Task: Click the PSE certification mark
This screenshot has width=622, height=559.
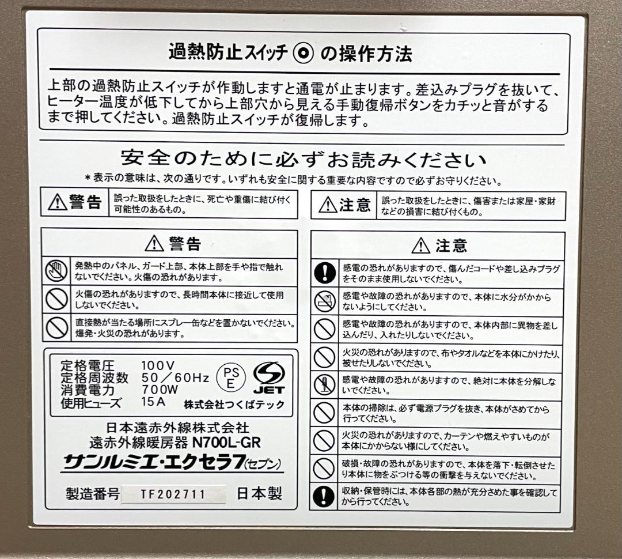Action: [x=230, y=377]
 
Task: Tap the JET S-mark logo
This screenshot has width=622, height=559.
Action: [x=269, y=377]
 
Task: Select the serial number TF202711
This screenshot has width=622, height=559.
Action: [x=173, y=494]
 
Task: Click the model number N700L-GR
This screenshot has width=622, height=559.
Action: [x=226, y=443]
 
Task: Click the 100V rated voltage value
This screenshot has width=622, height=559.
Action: [x=157, y=365]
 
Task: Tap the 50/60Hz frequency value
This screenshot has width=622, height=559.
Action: [x=175, y=377]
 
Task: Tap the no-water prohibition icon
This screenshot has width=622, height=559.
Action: [x=324, y=301]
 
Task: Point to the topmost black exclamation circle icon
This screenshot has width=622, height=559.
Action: [x=324, y=273]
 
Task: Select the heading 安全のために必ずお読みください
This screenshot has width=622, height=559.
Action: [x=303, y=158]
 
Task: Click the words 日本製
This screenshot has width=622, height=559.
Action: [x=260, y=494]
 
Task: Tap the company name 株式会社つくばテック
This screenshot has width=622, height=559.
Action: [x=234, y=404]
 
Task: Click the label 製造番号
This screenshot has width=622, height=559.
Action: [x=93, y=494]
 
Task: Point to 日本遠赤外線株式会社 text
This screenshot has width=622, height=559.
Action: [x=178, y=428]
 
